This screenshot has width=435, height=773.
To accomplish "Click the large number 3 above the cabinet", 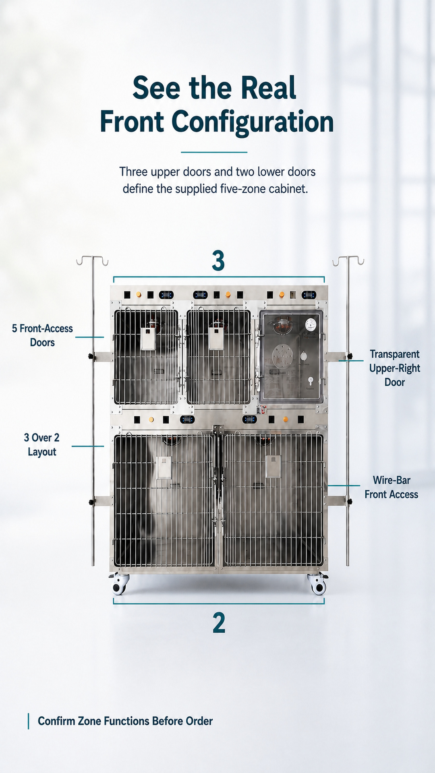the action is pos(218,261).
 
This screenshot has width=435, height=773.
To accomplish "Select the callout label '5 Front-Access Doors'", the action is pos(42,335).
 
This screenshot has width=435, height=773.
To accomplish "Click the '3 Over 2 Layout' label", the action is pos(41,444).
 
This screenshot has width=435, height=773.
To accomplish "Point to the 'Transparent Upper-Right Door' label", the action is pos(395,368).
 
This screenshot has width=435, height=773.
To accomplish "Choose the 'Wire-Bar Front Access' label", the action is pos(391,487).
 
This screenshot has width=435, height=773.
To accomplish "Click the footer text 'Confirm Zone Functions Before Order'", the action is pos(125,721).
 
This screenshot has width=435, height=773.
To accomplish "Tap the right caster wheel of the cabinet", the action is pos(317,585).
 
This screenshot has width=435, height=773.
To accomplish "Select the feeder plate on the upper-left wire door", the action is pos(148,338).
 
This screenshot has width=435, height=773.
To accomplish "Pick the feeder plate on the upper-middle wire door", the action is pos(216,338).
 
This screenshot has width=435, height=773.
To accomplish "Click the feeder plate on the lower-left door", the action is pos(164,467).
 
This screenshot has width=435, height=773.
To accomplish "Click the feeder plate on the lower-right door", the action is pos(273,467).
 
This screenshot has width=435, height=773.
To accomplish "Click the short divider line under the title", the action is pos(214,152).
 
